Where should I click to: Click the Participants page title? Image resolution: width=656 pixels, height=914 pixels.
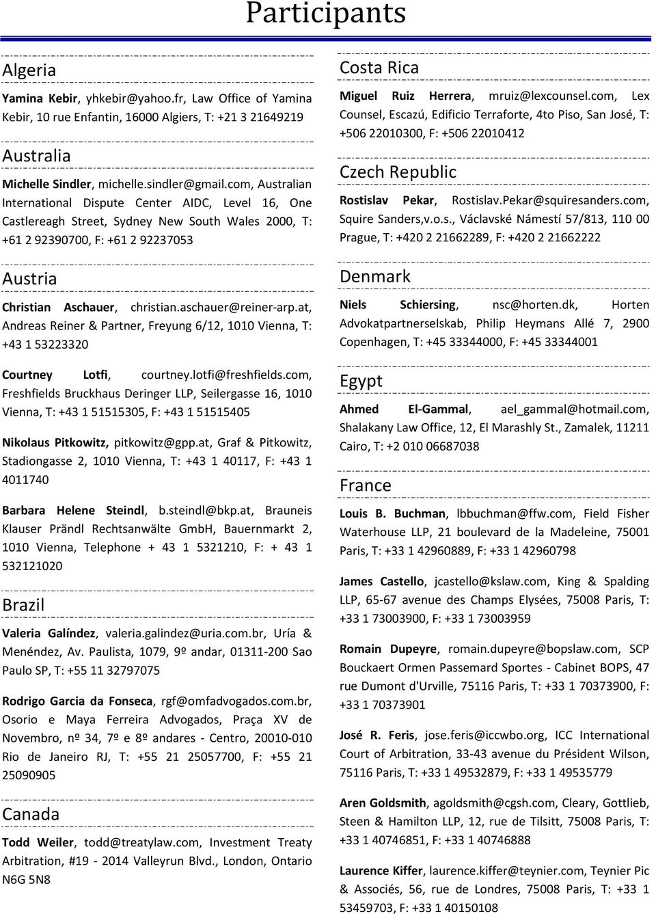pyautogui.click(x=326, y=13)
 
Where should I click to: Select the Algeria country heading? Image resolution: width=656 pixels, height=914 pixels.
pyautogui.click(x=29, y=70)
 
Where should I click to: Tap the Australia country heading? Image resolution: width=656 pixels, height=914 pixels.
pyautogui.click(x=36, y=156)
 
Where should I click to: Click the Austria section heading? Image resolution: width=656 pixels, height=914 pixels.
pyautogui.click(x=29, y=279)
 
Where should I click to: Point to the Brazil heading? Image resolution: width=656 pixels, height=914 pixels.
pyautogui.click(x=23, y=605)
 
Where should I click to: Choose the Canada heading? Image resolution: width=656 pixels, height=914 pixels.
pyautogui.click(x=31, y=814)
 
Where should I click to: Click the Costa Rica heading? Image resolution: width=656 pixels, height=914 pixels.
pyautogui.click(x=379, y=68)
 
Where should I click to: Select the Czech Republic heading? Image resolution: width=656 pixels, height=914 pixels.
pyautogui.click(x=398, y=172)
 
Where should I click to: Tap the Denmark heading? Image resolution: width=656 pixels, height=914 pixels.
pyautogui.click(x=375, y=277)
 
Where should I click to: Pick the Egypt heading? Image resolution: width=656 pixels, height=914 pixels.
pyautogui.click(x=361, y=381)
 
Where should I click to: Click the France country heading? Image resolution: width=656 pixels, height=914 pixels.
pyautogui.click(x=366, y=486)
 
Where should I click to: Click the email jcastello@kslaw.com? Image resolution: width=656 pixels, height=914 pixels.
pyautogui.click(x=491, y=581)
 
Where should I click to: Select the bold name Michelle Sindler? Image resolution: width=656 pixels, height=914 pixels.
pyautogui.click(x=46, y=184)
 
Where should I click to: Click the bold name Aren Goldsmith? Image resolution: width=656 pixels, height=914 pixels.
pyautogui.click(x=383, y=803)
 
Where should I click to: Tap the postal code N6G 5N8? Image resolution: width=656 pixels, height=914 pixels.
pyautogui.click(x=26, y=880)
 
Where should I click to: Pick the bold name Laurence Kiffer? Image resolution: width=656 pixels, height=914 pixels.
pyautogui.click(x=381, y=870)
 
